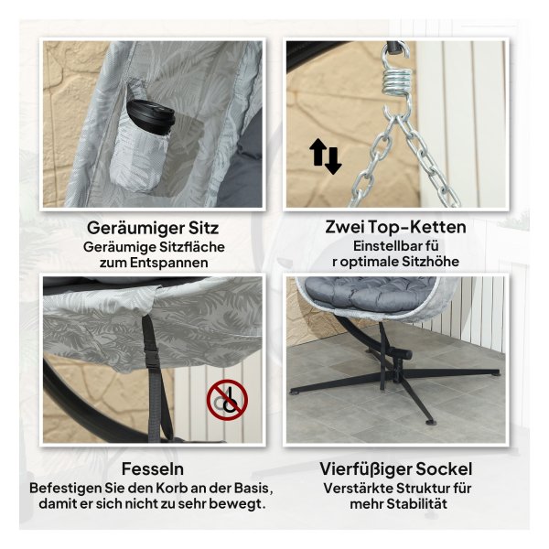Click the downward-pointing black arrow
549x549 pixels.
[333, 161]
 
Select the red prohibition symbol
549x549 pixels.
[227, 399]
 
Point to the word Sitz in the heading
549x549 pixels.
[204, 228]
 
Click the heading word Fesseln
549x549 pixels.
[152, 469]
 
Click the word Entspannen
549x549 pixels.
[168, 263]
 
